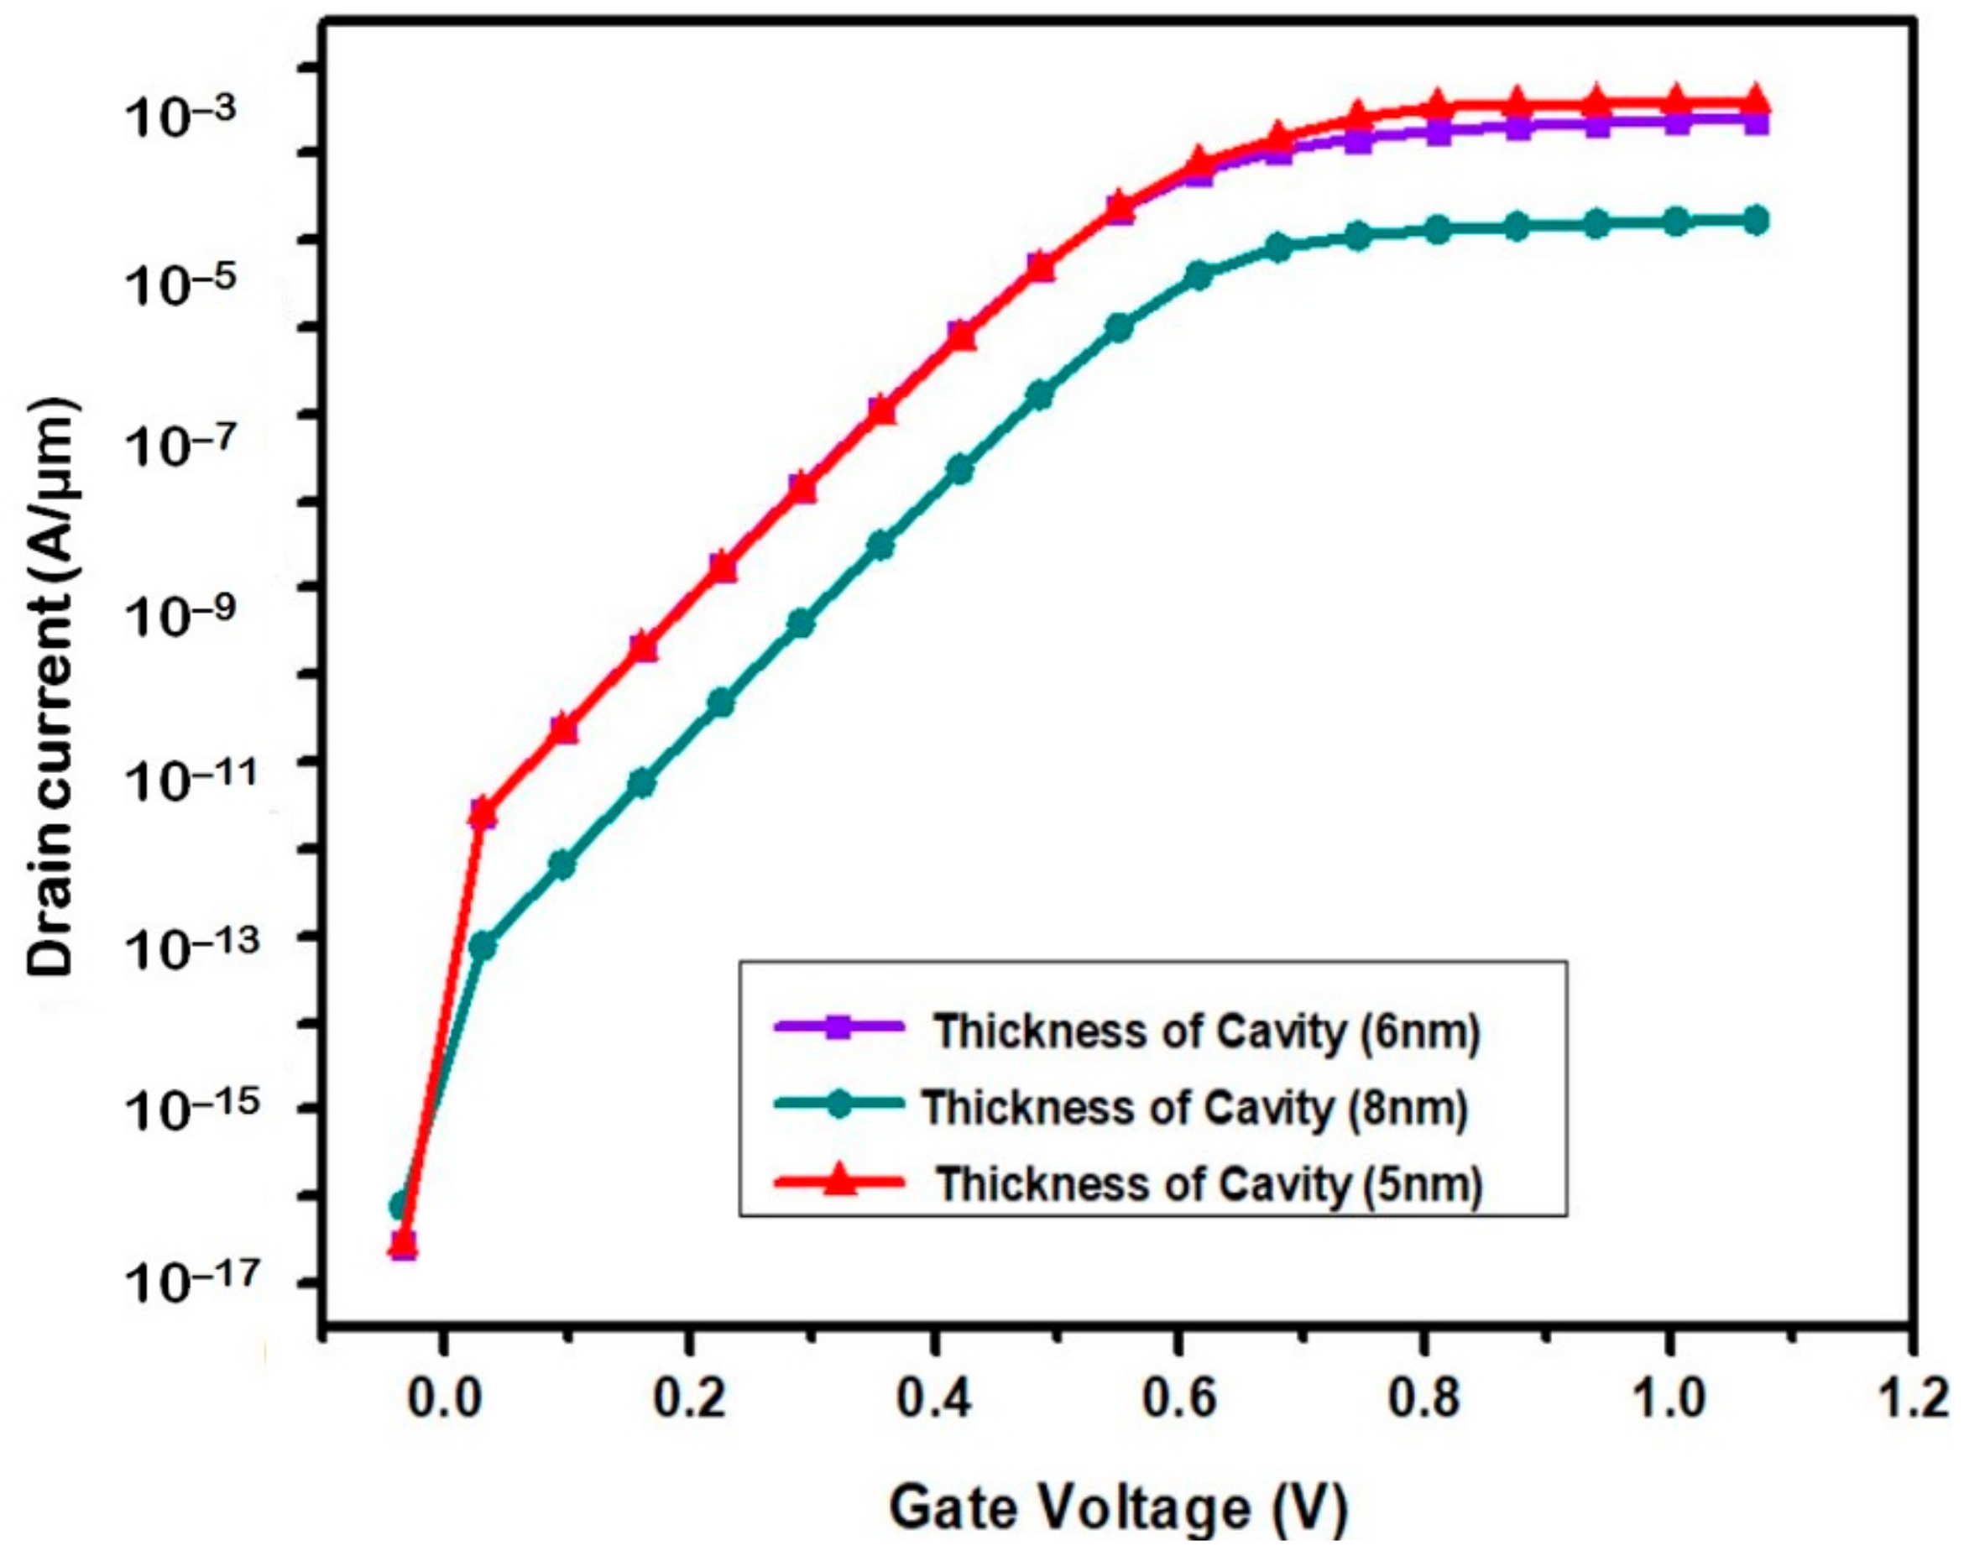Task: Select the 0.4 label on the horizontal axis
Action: click(x=933, y=1399)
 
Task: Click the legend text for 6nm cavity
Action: click(x=1208, y=1031)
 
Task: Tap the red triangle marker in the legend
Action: click(x=841, y=1182)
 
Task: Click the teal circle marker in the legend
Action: click(x=841, y=1106)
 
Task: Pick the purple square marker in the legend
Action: click(x=841, y=1030)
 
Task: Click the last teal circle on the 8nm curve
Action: click(x=1756, y=220)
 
